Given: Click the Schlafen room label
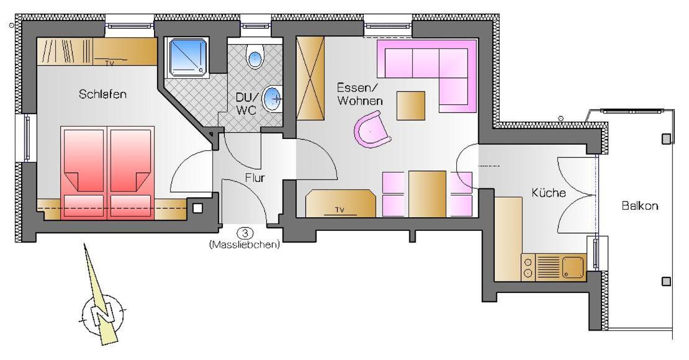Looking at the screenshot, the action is (x=103, y=94).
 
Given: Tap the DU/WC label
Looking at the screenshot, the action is (x=246, y=104).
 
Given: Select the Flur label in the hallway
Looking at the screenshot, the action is (x=255, y=178).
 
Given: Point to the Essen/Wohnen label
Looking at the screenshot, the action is (x=360, y=94).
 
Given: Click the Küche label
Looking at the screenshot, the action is (x=548, y=192).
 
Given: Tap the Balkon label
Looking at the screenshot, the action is (x=640, y=205).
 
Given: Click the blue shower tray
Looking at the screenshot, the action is (x=187, y=57).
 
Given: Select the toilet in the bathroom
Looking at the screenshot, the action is (x=254, y=56).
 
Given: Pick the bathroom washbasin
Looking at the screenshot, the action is (x=273, y=99).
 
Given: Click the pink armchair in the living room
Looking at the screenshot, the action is (x=372, y=130).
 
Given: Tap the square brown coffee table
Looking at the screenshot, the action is (x=411, y=106).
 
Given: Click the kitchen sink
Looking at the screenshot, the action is (x=573, y=268).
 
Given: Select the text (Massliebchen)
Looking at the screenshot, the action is (x=245, y=245).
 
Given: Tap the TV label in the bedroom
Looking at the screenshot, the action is (x=109, y=63).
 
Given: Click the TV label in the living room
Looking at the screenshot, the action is (x=340, y=210).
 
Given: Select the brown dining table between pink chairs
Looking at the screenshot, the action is (x=427, y=194).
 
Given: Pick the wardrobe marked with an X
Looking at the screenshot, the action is (x=310, y=78).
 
